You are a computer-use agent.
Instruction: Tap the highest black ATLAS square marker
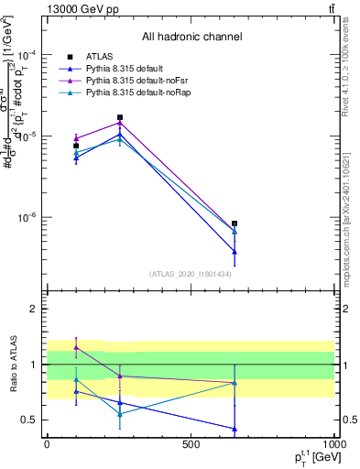(x=120, y=117)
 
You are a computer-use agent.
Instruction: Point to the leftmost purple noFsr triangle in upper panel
(x=76, y=138)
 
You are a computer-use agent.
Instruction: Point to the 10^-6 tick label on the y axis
(x=30, y=218)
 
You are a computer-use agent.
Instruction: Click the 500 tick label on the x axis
(x=191, y=443)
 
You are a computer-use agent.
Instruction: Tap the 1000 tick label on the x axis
(x=333, y=443)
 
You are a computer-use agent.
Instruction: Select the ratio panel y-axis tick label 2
(x=35, y=309)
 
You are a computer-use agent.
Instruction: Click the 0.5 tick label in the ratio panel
(x=31, y=420)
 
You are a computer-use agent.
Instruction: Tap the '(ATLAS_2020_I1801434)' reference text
(x=191, y=274)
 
